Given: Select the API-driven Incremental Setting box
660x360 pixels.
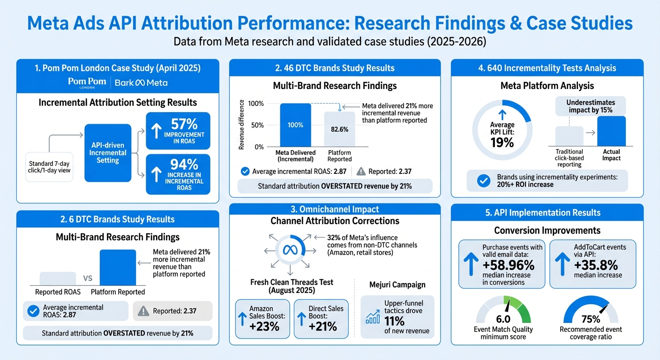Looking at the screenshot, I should (108, 153).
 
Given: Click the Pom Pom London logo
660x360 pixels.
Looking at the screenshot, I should (87, 82).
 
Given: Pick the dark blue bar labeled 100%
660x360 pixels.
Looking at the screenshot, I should (295, 125).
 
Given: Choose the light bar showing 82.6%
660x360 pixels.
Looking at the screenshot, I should (339, 129).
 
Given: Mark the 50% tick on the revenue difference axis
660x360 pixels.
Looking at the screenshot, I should (257, 125).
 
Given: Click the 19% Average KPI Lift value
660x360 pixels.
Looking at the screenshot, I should (502, 142).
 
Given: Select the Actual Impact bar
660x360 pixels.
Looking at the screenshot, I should (611, 131).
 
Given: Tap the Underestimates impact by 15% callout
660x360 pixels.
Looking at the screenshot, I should (590, 106).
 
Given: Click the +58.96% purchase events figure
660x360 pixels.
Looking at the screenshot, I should (508, 265).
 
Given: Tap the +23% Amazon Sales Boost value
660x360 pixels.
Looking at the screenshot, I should (265, 326).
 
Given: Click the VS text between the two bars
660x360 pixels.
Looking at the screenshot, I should (88, 277).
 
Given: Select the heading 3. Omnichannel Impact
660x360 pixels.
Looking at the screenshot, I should (335, 210).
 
